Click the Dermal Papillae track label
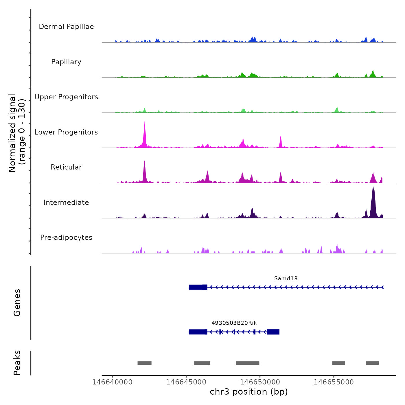tap(66, 27)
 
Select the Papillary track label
tap(66, 62)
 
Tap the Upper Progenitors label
tap(66, 97)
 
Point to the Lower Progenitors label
tap(66, 132)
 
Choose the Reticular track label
tap(66, 167)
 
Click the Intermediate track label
tap(66, 203)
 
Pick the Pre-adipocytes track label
tap(66, 238)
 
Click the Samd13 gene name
tap(286, 279)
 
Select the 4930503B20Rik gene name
tap(234, 323)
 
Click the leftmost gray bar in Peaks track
tap(144, 363)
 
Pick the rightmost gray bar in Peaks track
tap(372, 363)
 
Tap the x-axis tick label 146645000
tap(186, 382)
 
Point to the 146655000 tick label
tap(334, 382)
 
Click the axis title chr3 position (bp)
tap(249, 392)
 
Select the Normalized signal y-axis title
tap(17, 133)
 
